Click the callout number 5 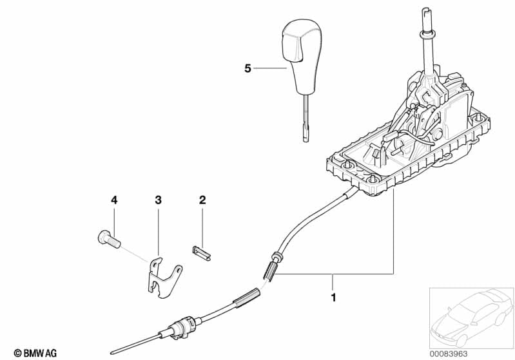[248, 69]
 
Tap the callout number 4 [114, 200]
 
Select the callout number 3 [159, 200]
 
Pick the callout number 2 [202, 200]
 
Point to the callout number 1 [333, 298]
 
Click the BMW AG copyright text [35, 353]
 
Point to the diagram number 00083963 [449, 354]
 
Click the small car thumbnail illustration [471, 317]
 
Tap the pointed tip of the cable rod [112, 354]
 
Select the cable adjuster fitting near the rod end [182, 327]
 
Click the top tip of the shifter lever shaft [425, 10]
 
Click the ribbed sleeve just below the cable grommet [271, 269]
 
